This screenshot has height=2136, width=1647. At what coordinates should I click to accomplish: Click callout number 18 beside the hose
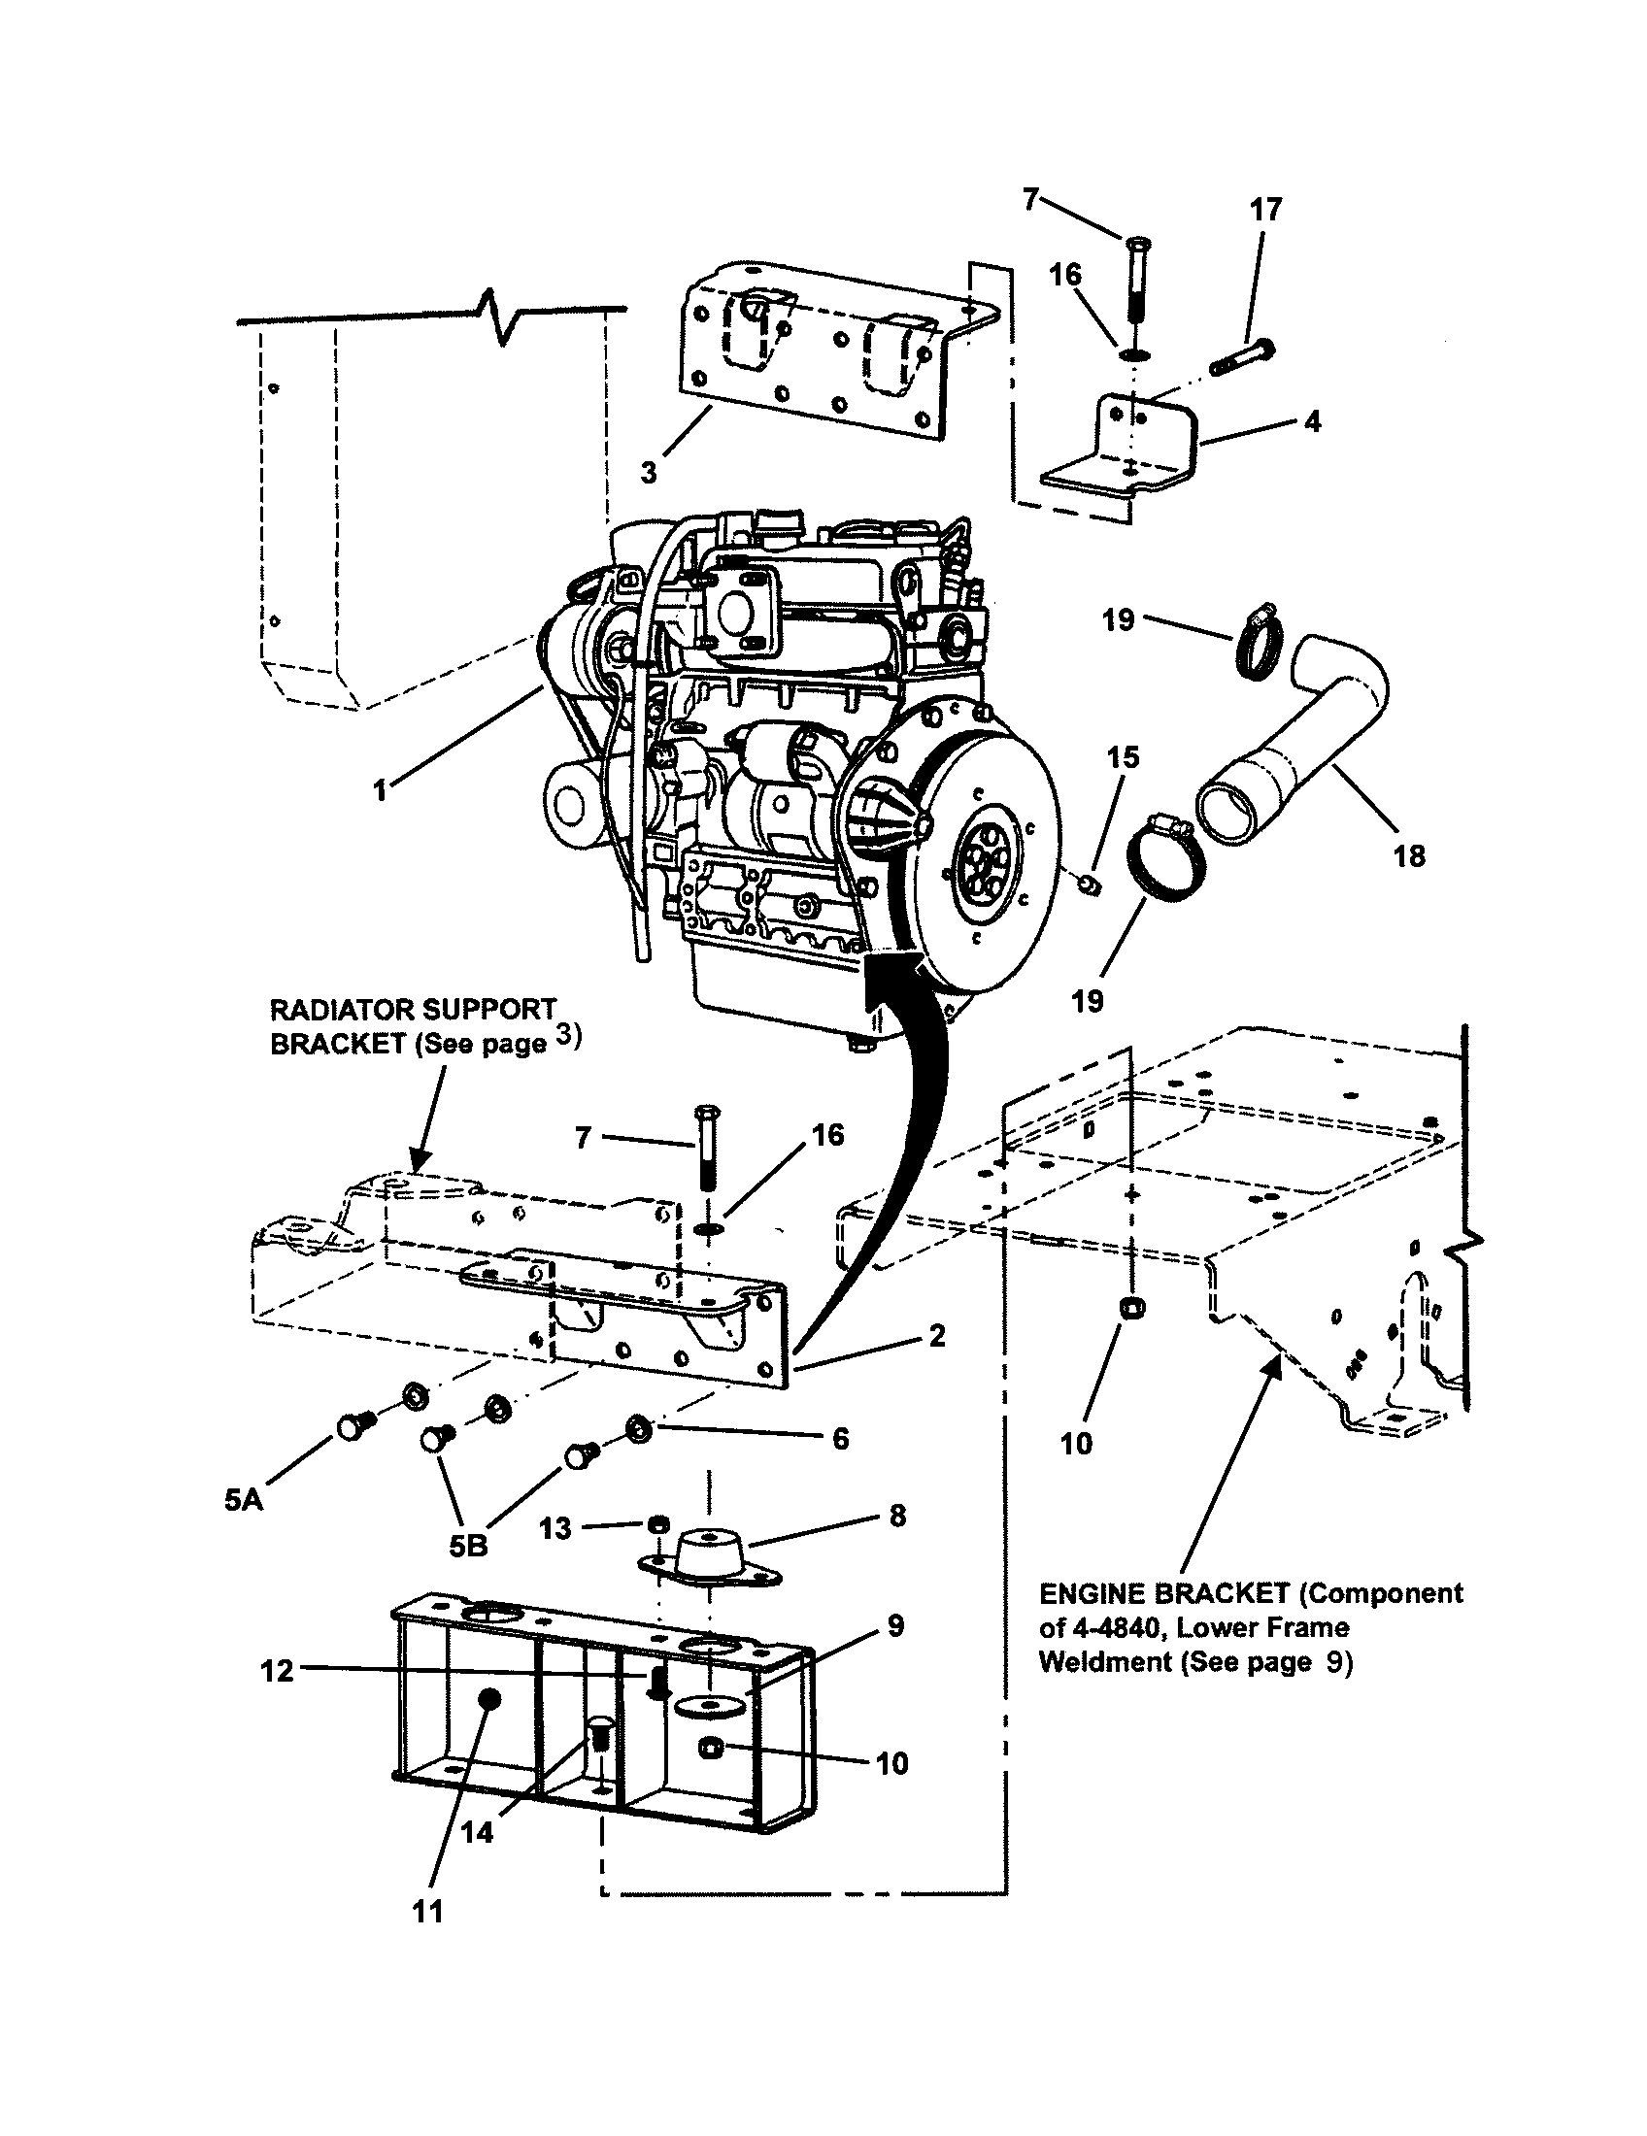point(1408,855)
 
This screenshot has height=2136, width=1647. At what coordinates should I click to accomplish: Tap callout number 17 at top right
point(1265,210)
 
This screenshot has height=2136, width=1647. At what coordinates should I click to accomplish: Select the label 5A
point(244,1499)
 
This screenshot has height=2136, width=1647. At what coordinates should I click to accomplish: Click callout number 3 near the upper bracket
point(649,473)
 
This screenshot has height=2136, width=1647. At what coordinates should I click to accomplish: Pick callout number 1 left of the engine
point(382,790)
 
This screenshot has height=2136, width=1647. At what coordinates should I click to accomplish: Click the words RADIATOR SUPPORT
point(413,1009)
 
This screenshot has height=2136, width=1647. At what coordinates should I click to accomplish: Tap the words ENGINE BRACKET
point(1163,1593)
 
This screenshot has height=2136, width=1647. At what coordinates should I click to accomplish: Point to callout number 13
point(555,1528)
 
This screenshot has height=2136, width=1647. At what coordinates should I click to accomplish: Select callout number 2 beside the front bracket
point(937,1335)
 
